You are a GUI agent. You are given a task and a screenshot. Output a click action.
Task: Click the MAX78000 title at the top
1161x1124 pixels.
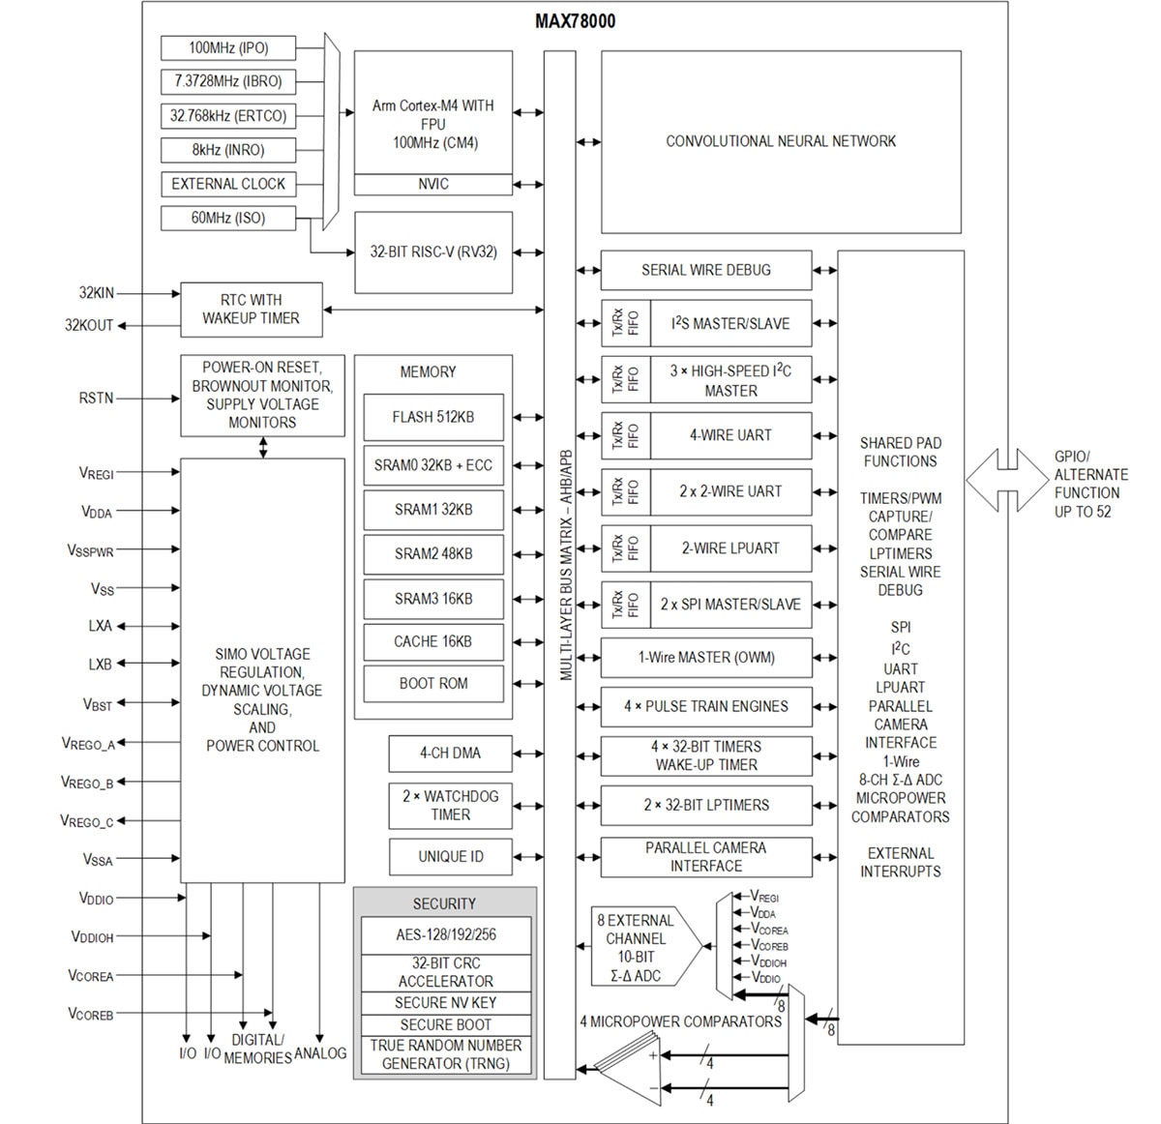coord(575,21)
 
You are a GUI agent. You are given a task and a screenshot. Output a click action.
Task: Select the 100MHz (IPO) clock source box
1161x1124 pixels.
coord(228,47)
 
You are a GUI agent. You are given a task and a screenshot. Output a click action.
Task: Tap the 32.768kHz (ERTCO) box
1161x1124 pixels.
coord(228,116)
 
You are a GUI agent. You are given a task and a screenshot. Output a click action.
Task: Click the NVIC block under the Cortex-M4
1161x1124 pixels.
coord(432,184)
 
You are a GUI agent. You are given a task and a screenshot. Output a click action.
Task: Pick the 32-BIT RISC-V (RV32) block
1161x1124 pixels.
coord(432,252)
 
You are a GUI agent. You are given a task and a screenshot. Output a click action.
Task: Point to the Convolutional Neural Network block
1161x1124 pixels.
coord(781,141)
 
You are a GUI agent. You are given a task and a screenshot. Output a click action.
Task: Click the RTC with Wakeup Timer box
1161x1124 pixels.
coord(250,310)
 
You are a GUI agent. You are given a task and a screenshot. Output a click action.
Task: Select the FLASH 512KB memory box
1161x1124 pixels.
coord(432,417)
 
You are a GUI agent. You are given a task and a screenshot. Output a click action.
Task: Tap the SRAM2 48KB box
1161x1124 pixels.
coord(432,554)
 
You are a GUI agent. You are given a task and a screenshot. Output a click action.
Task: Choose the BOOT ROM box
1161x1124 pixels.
coord(432,684)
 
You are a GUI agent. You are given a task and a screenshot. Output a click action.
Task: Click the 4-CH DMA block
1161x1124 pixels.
coord(450,753)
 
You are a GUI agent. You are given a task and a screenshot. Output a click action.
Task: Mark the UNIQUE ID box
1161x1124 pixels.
coord(450,857)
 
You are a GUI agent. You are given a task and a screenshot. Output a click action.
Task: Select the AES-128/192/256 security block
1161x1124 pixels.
coord(445,935)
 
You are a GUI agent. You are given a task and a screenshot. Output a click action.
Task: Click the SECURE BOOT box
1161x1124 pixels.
coord(445,1024)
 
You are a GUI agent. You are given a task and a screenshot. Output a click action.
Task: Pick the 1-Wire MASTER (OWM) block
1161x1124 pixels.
coord(706,658)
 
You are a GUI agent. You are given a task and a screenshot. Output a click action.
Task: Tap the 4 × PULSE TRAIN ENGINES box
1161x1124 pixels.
coord(706,707)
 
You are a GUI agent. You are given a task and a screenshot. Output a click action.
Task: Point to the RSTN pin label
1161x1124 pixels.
coord(96,399)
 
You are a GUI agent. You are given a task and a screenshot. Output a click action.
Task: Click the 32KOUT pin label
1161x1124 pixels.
coord(89,326)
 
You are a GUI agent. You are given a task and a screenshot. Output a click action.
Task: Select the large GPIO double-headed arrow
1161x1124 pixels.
coord(1006,480)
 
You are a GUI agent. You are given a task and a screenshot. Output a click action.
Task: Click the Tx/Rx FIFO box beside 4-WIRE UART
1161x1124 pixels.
coord(625,435)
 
